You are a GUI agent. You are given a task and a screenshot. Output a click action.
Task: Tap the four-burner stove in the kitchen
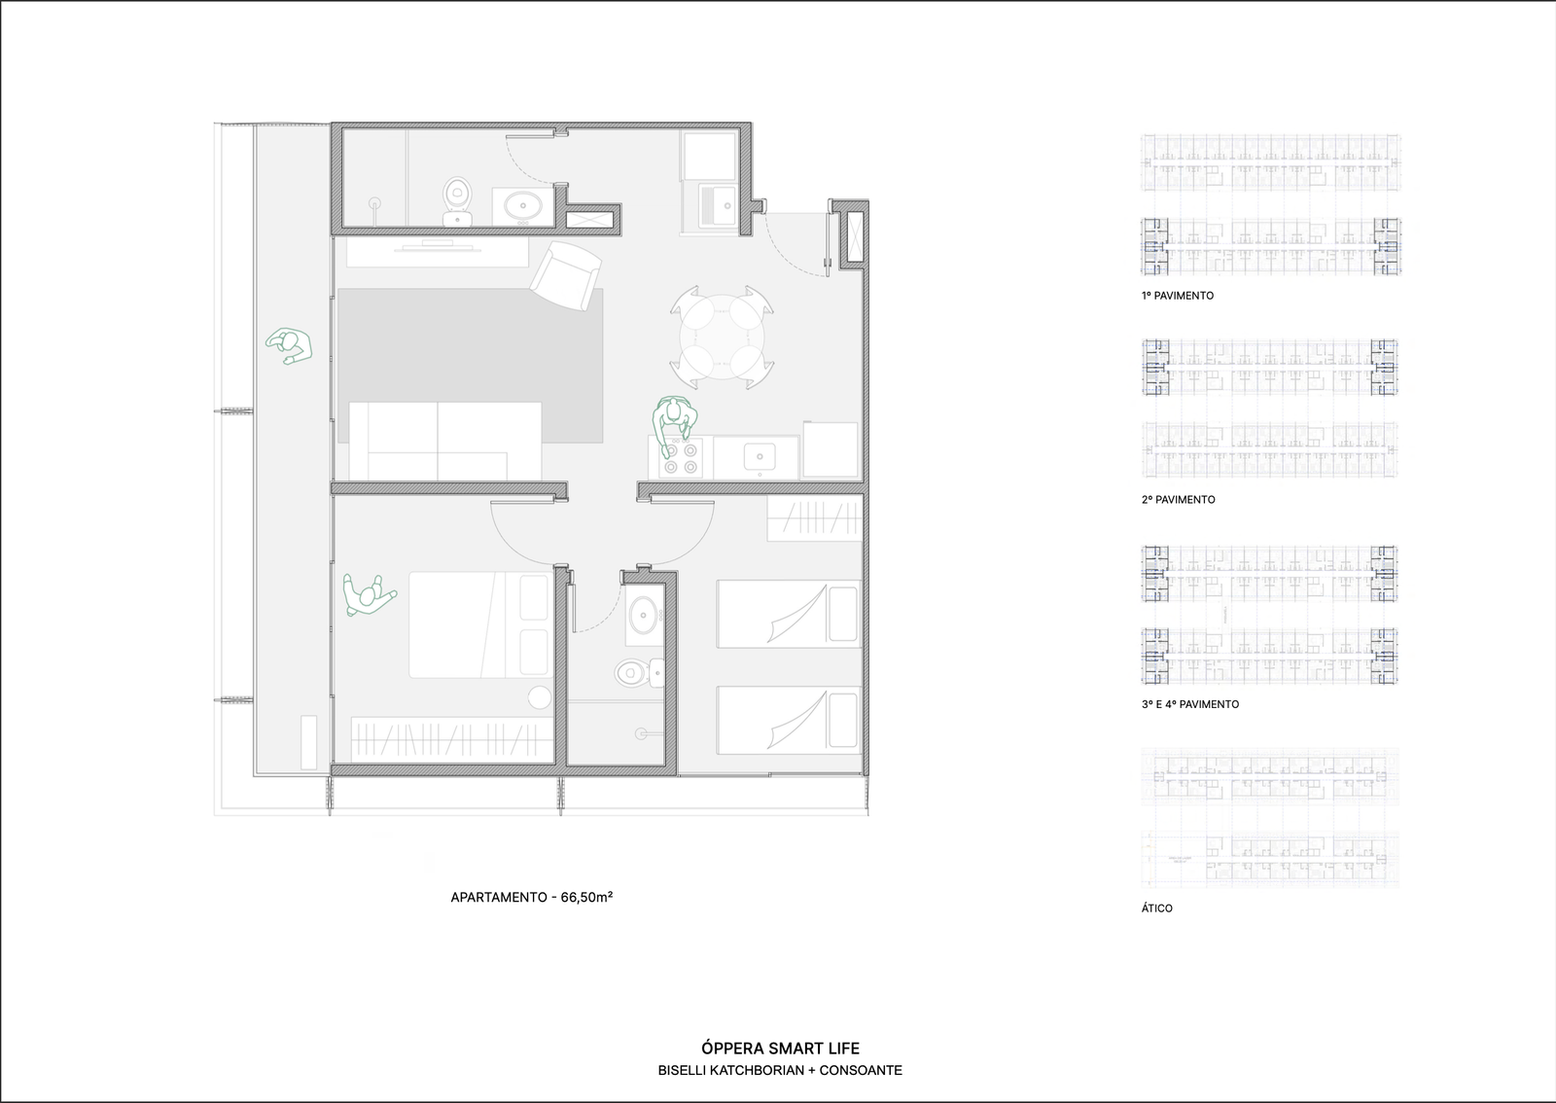point(680,458)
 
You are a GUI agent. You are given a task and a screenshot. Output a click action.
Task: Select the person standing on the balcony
point(288,345)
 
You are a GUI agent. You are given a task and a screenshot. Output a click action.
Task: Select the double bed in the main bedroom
point(478,624)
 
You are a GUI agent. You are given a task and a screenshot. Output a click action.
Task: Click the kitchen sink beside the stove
point(758,455)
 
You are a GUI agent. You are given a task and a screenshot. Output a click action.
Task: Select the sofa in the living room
point(445,440)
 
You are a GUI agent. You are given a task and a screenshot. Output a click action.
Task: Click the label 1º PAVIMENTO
point(1178,296)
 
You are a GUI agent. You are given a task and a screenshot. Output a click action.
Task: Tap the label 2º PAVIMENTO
point(1179,500)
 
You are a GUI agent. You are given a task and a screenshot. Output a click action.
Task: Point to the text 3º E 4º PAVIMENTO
point(1190,704)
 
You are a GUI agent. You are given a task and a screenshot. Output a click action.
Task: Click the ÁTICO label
point(1157,908)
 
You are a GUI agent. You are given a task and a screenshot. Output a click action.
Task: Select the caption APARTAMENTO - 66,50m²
point(531,898)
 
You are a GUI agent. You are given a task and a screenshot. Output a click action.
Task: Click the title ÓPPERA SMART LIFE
point(780,1049)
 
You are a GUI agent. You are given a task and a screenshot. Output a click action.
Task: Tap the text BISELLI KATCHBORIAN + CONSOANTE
point(780,1071)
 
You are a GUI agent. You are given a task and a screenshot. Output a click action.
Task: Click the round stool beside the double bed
point(539,696)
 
